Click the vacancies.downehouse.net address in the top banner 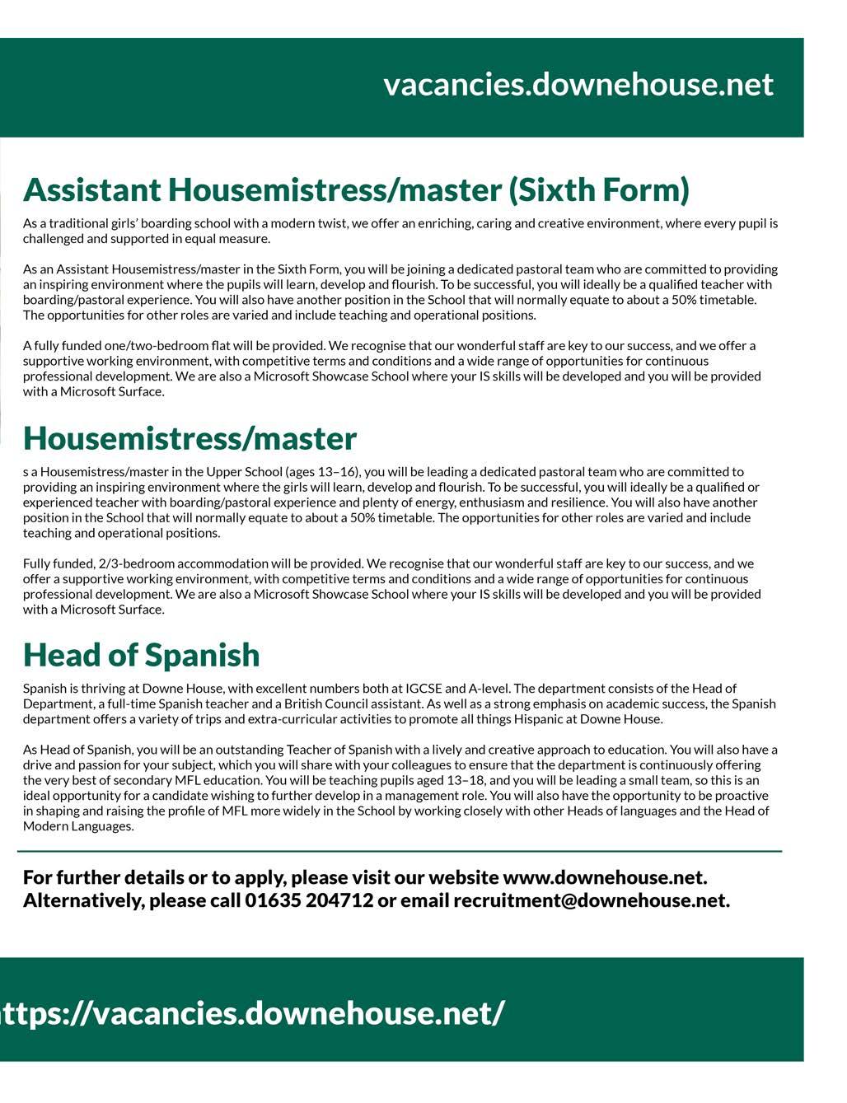pos(578,85)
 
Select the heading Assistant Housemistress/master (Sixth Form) pos(356,190)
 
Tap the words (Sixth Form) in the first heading pos(599,190)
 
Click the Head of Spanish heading pos(141,656)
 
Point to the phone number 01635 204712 pos(309,900)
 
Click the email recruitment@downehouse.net pos(590,900)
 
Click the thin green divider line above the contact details pos(400,851)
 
